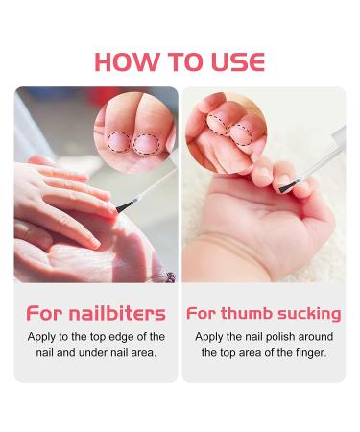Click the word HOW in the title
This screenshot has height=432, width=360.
point(126,61)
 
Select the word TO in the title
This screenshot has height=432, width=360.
point(179,61)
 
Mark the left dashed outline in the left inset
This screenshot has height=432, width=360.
point(118,143)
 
